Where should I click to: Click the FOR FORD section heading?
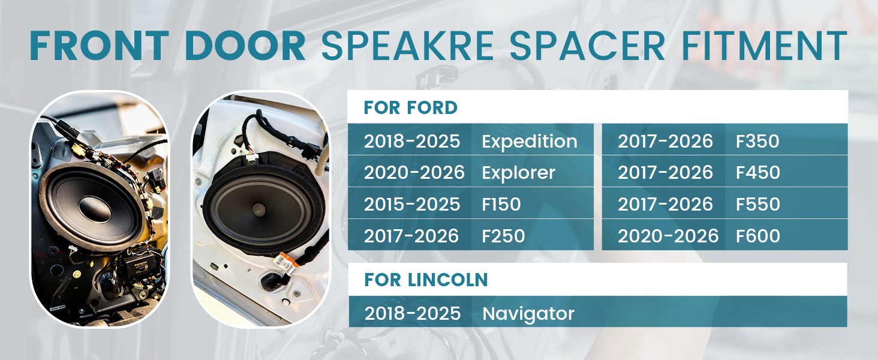click(x=410, y=107)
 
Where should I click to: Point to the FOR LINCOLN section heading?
click(x=426, y=280)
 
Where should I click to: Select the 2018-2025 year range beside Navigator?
click(x=413, y=313)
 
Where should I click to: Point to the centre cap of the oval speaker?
click(x=258, y=209)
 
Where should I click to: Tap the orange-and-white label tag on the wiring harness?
click(x=285, y=265)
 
